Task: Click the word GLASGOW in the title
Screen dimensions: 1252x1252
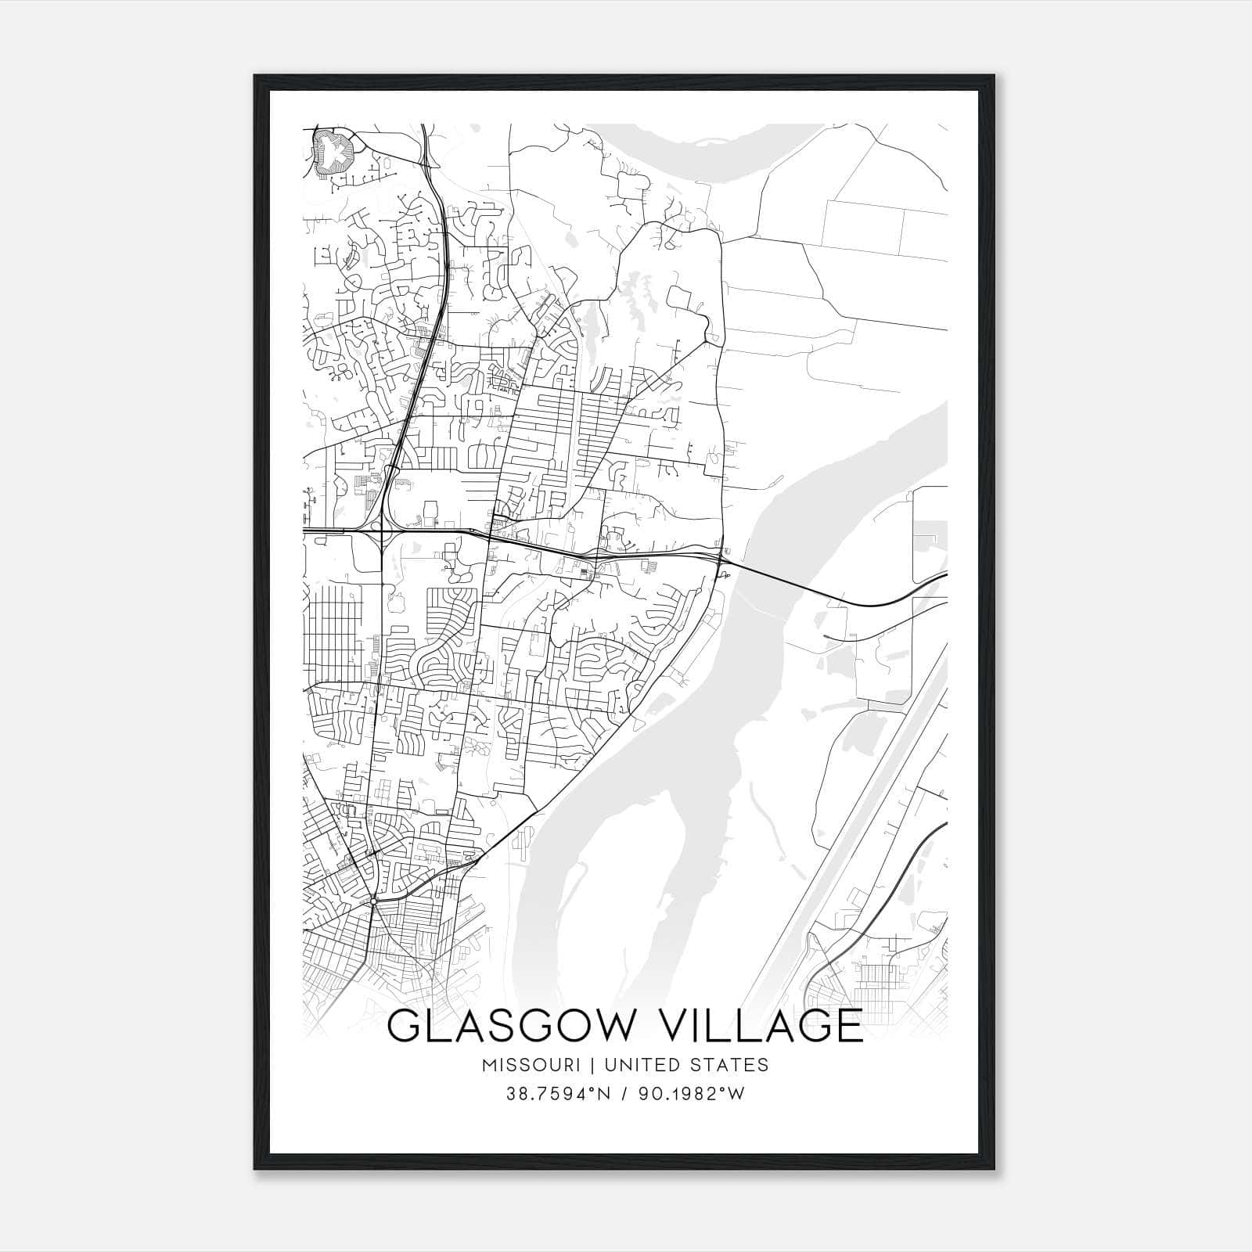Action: coord(507,1026)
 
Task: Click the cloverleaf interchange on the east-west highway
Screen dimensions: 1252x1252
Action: coord(380,533)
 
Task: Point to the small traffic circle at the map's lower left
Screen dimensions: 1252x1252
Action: coord(374,901)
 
